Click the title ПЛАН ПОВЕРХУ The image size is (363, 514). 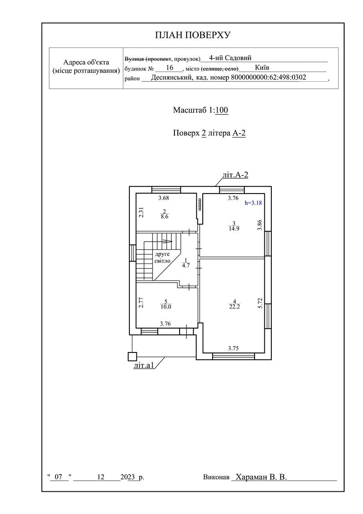tap(192, 35)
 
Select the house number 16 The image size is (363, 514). tap(169, 68)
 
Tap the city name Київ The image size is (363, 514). tap(262, 68)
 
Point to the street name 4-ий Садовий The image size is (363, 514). tap(230, 58)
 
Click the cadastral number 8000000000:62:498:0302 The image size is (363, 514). tap(268, 78)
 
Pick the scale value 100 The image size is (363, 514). tap(222, 110)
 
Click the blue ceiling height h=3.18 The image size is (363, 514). tap(253, 203)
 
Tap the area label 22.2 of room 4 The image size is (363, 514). tap(234, 307)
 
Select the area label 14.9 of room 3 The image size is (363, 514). tap(234, 229)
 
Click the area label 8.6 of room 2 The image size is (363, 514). tap(165, 216)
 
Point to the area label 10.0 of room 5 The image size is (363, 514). tap(166, 307)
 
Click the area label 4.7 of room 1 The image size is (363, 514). tap(186, 266)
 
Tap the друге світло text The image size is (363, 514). tap(162, 257)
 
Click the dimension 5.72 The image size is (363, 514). tap(260, 303)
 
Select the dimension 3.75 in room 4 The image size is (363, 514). tap(233, 348)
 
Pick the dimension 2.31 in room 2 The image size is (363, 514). tap(141, 212)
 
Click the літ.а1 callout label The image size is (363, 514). tap(144, 365)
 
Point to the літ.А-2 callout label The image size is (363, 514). tap(235, 175)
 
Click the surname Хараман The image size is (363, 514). tap(252, 477)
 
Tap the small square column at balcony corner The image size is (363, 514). tap(132, 357)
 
